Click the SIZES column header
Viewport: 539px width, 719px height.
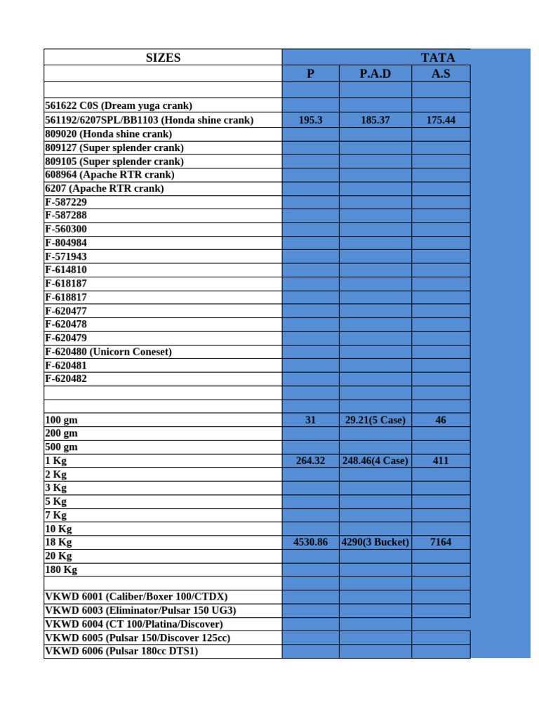(x=163, y=58)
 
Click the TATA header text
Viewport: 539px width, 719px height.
(x=437, y=58)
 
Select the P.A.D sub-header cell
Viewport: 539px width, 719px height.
(x=375, y=74)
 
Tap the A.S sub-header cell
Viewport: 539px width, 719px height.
(x=441, y=74)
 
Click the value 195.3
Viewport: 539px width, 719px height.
(x=310, y=120)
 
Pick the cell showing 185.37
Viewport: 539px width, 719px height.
(x=375, y=120)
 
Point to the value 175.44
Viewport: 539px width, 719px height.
(x=441, y=120)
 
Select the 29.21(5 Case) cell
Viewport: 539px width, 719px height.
(x=375, y=420)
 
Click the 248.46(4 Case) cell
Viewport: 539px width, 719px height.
(x=375, y=461)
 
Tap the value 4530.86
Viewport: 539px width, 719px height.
(x=310, y=543)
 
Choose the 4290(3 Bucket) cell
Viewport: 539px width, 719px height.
(x=375, y=543)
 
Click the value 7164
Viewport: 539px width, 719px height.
(x=441, y=543)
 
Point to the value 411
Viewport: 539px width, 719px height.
(x=441, y=461)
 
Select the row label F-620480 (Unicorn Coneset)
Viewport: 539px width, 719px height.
(x=108, y=352)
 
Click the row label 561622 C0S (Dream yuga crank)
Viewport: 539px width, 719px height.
(x=118, y=105)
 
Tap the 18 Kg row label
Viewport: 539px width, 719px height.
(x=58, y=543)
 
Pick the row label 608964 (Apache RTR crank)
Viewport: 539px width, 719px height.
(x=109, y=175)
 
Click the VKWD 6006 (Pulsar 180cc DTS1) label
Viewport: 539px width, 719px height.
(x=121, y=652)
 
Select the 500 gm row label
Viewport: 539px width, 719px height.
(x=61, y=447)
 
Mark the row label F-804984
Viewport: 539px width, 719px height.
(x=66, y=243)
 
